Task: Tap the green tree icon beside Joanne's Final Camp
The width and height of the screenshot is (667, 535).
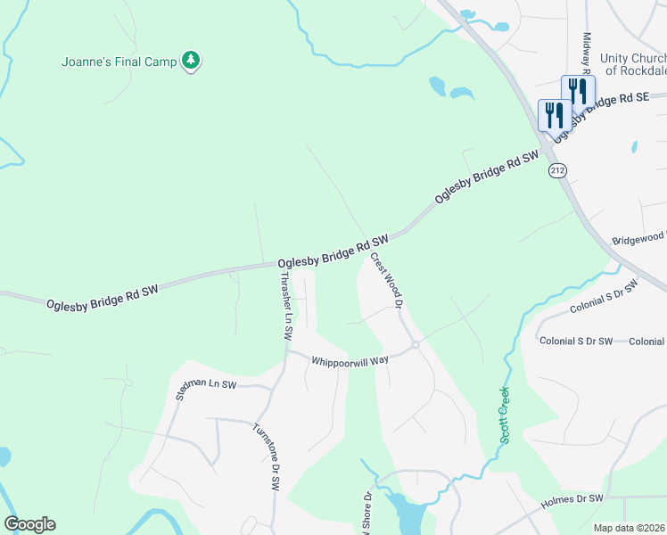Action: [x=190, y=61]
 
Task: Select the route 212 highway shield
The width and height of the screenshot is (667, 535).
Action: [x=557, y=169]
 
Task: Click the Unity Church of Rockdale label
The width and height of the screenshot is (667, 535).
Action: [x=634, y=63]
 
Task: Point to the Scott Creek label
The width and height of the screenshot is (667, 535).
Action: [x=505, y=415]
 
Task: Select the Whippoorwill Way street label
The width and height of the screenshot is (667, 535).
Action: [x=350, y=360]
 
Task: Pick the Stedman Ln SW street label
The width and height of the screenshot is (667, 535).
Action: [x=206, y=390]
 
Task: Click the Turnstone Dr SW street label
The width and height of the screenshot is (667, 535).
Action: [x=265, y=456]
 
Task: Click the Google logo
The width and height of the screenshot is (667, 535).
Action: [x=29, y=524]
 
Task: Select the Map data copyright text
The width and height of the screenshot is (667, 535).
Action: [x=630, y=528]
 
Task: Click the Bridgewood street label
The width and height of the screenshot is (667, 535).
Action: [x=639, y=239]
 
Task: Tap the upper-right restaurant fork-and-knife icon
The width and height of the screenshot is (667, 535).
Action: [x=578, y=92]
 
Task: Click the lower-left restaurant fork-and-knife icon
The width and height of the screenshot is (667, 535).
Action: [x=554, y=117]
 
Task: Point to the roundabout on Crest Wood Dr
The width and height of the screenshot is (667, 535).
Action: [x=416, y=345]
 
